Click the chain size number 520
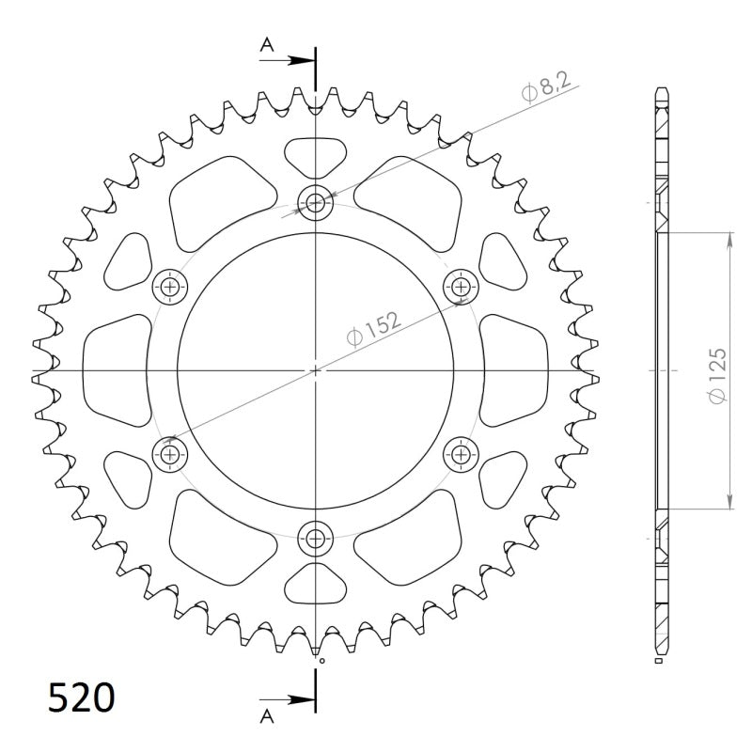tap(82, 699)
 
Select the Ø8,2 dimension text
tap(544, 91)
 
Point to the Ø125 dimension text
tap(718, 376)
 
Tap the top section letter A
tap(267, 43)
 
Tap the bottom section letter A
tap(267, 717)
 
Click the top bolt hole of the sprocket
tap(315, 202)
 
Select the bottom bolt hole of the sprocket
tap(315, 539)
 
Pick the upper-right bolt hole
tap(461, 286)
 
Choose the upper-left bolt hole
tap(170, 286)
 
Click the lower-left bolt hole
tap(170, 455)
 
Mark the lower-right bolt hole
tap(461, 455)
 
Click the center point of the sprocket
tap(315, 370)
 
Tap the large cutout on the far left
tap(116, 370)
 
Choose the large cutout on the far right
tap(514, 370)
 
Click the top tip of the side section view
tap(661, 90)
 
